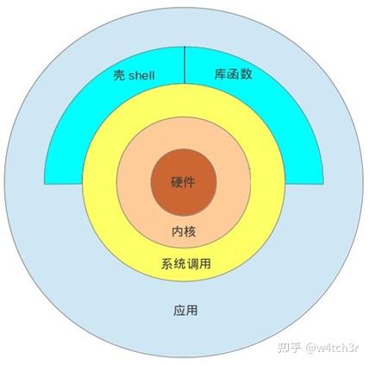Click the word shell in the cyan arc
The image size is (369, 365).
(x=141, y=75)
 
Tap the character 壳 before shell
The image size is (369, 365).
(x=119, y=75)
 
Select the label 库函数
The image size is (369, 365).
(x=233, y=74)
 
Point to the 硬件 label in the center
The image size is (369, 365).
(x=184, y=182)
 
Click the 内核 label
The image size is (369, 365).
(x=184, y=231)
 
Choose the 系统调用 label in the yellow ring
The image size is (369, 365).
(x=186, y=263)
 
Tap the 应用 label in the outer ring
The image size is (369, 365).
(x=185, y=311)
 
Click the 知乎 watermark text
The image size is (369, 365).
(x=289, y=348)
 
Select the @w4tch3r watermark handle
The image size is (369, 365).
(x=332, y=348)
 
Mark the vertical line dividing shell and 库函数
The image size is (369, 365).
(x=184, y=65)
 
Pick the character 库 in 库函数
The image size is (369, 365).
(x=221, y=74)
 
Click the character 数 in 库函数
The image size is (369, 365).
(x=246, y=74)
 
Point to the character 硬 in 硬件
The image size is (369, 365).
(x=178, y=182)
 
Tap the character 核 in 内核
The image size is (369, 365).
(x=190, y=231)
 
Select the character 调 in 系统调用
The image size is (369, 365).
(x=192, y=263)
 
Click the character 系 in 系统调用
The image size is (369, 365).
(x=167, y=263)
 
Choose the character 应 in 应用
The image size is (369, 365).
(x=179, y=311)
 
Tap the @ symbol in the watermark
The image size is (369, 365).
(x=310, y=349)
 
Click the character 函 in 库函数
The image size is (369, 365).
(x=233, y=74)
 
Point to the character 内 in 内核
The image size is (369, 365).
(x=178, y=231)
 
